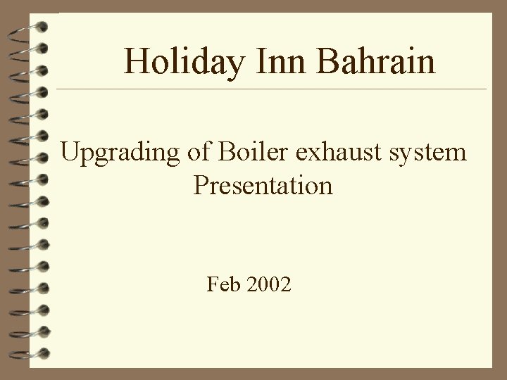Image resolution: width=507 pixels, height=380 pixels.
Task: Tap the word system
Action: tap(430, 153)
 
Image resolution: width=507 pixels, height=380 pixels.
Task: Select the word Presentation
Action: tap(263, 185)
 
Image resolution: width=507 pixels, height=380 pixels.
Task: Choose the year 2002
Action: tap(268, 285)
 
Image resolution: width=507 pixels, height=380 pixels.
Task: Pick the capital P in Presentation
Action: tap(200, 185)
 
